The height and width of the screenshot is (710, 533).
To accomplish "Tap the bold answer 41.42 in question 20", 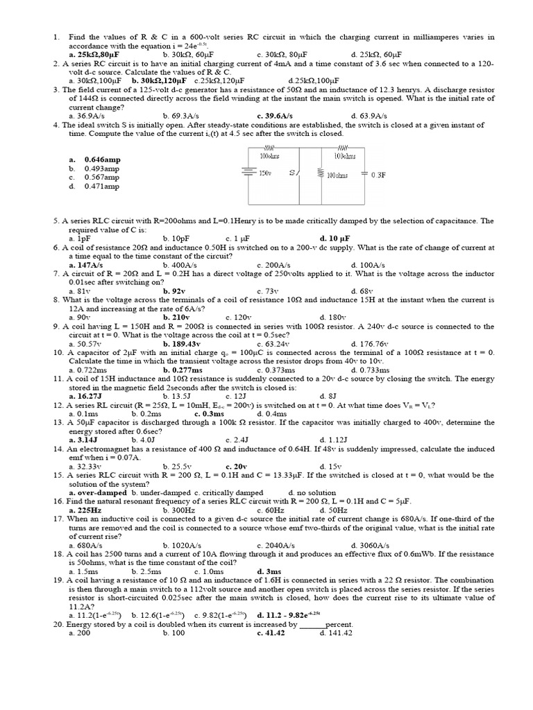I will (270, 633).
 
